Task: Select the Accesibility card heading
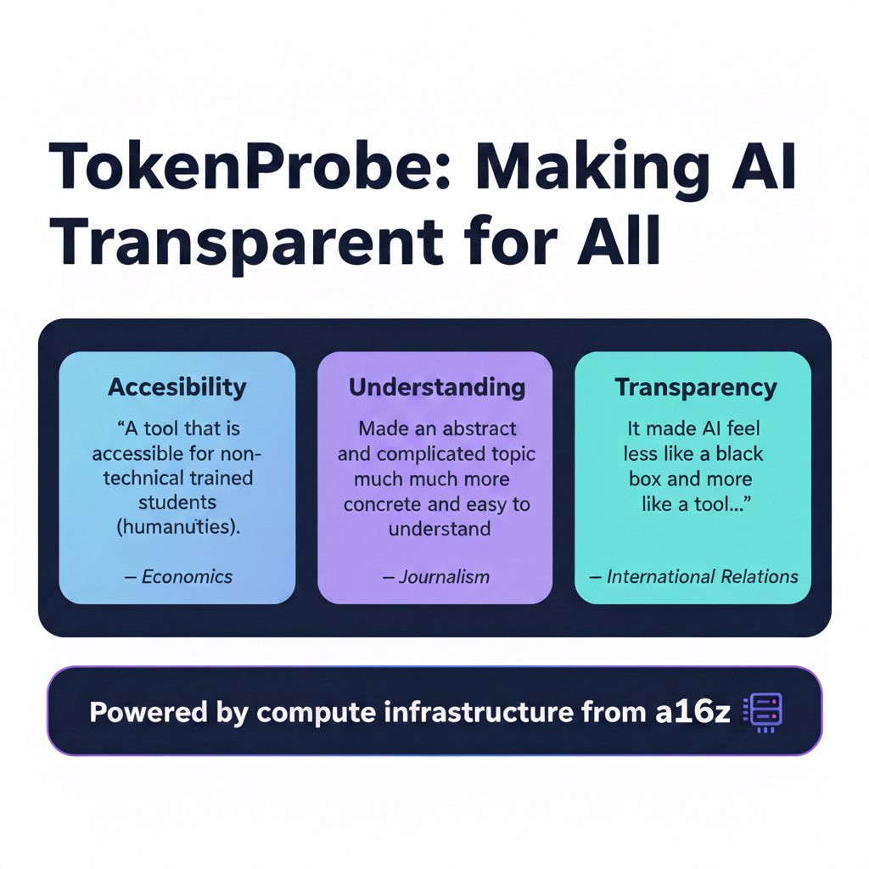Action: coord(177,387)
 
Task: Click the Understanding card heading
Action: coord(437,387)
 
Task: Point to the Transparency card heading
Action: coord(696,387)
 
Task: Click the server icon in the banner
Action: coord(763,712)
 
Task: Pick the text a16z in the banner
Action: coord(692,712)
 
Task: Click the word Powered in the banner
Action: coord(148,712)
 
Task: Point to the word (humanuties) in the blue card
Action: coord(178,526)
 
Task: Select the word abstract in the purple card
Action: coord(479,429)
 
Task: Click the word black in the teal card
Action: coord(739,454)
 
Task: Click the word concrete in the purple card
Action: coord(382,504)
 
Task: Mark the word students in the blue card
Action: coord(177,502)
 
